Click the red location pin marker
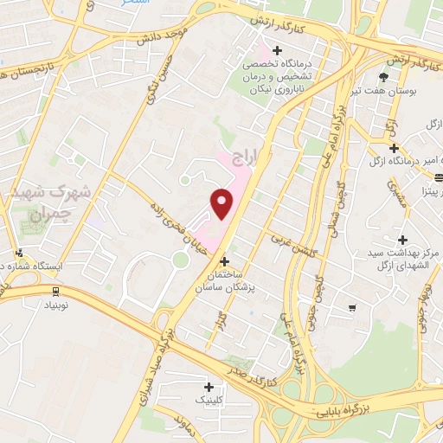[222, 204]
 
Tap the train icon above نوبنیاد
[55, 291]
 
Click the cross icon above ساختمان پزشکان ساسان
[225, 260]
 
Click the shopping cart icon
[351, 307]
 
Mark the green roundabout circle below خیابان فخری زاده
[180, 259]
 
